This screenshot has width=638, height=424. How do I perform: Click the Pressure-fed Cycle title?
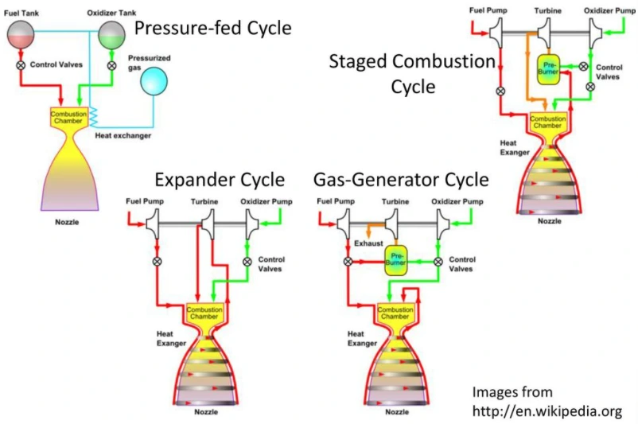click(x=213, y=29)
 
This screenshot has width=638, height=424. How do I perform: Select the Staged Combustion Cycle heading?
click(x=412, y=73)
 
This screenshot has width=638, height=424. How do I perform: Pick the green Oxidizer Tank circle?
click(x=112, y=33)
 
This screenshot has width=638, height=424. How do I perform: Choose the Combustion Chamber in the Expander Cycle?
click(x=202, y=313)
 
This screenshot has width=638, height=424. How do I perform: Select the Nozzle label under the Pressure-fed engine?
click(x=67, y=222)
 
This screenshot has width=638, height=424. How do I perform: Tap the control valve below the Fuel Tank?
click(x=21, y=65)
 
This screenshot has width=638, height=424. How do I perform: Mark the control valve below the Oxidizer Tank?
click(x=112, y=65)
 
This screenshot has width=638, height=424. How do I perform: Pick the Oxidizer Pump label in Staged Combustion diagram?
click(x=609, y=10)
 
